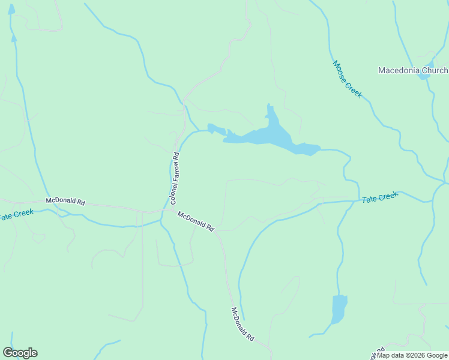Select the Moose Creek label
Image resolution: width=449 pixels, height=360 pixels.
[x=348, y=79]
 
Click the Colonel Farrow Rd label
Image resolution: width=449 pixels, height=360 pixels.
[x=175, y=179]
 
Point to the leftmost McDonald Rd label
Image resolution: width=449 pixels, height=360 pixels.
[x=65, y=202]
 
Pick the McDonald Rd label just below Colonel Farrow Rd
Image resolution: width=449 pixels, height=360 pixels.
[x=196, y=220]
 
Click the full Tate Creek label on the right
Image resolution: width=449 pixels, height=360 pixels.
[x=380, y=197]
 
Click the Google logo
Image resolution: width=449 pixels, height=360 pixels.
[x=20, y=353]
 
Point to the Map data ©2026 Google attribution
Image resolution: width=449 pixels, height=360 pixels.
[x=412, y=355]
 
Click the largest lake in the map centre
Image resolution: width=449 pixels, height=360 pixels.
[x=267, y=137]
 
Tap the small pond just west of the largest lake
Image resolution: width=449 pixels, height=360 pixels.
[x=215, y=129]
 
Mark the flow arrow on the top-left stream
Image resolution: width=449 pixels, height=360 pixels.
[x=13, y=38]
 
